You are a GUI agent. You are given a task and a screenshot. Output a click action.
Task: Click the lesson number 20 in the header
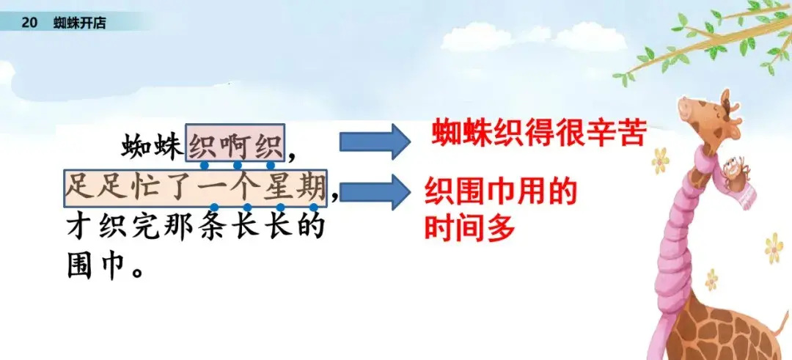point(30,23)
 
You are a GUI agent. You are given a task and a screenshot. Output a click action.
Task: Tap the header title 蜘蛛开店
point(80,23)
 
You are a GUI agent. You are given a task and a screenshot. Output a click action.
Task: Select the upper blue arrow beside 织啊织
point(375,141)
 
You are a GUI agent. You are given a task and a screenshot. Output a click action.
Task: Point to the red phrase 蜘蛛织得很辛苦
point(538,133)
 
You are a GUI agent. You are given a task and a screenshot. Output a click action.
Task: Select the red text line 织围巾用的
point(500,192)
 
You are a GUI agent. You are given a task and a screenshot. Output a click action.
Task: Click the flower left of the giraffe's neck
point(660,161)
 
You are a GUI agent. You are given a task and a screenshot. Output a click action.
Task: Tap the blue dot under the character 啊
point(238,164)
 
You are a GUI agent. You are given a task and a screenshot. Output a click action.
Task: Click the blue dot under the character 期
point(314,207)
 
